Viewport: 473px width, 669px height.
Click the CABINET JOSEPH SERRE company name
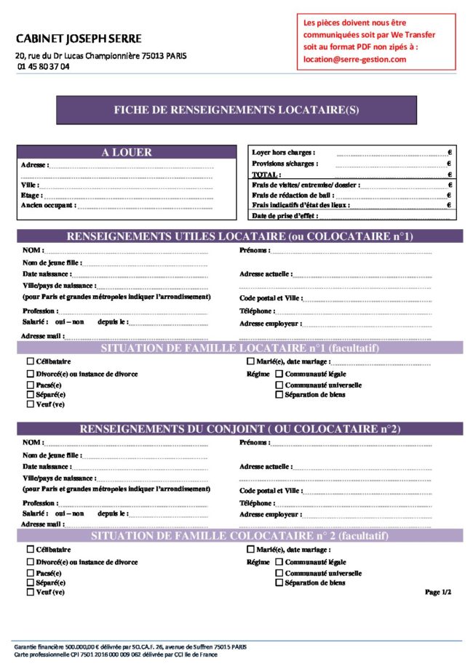point(78,39)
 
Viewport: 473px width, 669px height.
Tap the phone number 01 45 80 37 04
point(44,66)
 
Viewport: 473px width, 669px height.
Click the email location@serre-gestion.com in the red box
point(354,59)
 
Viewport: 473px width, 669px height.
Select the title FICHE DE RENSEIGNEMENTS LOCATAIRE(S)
point(236,111)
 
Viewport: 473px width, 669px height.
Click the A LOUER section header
point(127,153)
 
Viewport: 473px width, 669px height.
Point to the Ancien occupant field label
point(48,206)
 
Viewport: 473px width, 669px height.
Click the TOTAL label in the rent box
point(266,175)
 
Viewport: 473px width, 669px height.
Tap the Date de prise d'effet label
point(285,216)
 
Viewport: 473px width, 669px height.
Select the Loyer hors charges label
point(283,153)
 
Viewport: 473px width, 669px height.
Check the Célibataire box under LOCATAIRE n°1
point(30,361)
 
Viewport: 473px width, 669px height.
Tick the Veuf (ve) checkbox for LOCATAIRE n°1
point(30,404)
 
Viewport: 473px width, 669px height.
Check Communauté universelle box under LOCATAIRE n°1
point(279,385)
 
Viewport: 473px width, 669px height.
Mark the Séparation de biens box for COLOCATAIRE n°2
point(279,582)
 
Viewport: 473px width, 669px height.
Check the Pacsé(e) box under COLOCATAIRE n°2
point(30,573)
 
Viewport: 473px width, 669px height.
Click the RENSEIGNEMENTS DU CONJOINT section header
point(239,429)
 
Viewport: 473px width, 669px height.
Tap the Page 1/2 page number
point(438,592)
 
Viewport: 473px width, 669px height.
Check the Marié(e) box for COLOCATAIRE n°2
point(250,550)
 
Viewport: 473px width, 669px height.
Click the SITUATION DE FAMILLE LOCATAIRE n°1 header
point(239,348)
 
